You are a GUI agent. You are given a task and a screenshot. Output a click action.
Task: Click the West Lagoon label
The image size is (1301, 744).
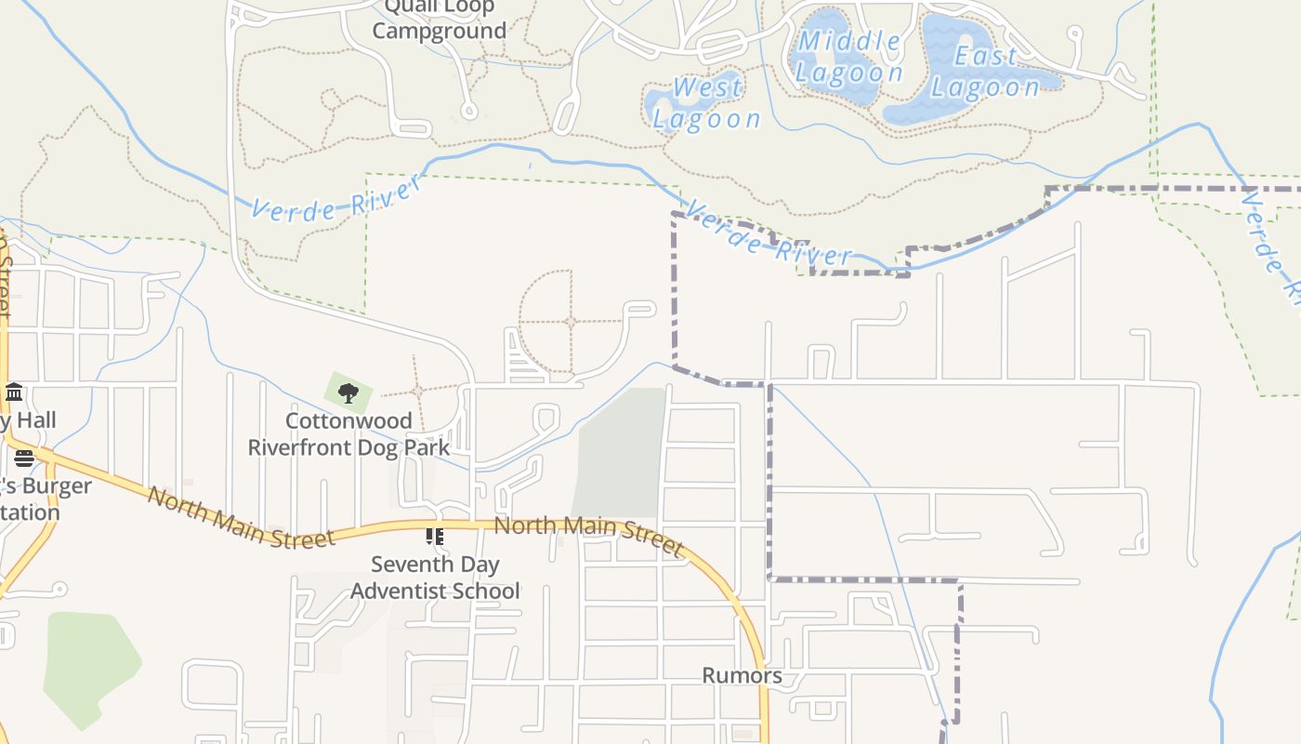click(x=706, y=103)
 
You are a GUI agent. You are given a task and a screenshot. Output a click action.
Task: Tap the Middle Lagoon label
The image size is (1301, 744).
click(x=848, y=57)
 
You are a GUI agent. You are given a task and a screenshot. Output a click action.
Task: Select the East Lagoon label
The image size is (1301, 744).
click(x=985, y=72)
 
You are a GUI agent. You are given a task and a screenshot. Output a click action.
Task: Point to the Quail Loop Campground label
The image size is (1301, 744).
click(x=439, y=19)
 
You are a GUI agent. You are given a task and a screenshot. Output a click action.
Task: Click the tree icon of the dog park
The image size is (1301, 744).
click(x=348, y=392)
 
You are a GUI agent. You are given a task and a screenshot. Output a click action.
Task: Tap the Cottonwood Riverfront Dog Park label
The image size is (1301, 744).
click(x=348, y=433)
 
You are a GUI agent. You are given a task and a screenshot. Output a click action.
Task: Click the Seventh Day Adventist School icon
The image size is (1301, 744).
click(x=434, y=537)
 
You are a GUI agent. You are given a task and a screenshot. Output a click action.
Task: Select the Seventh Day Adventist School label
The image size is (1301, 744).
click(x=435, y=577)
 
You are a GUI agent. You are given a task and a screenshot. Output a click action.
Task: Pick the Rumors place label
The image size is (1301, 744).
click(x=742, y=675)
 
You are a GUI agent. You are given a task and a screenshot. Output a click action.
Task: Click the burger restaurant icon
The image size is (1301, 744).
click(x=23, y=458)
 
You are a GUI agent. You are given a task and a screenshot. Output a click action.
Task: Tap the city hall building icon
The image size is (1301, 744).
click(x=13, y=392)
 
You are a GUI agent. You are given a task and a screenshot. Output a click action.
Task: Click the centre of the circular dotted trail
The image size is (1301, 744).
click(x=570, y=322)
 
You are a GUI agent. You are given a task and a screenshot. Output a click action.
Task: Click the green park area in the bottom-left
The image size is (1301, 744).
click(x=88, y=665)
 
